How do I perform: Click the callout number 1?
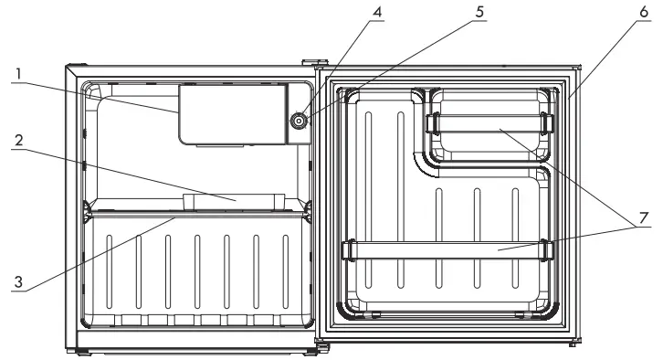(x=18, y=74)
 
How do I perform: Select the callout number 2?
(x=18, y=140)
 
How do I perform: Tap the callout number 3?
(x=18, y=281)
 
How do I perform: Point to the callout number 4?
(x=377, y=12)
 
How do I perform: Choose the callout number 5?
(x=479, y=12)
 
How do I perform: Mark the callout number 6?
(x=644, y=12)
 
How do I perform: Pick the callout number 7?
(x=644, y=217)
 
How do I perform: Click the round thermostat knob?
(x=299, y=121)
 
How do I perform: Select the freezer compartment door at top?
(x=232, y=114)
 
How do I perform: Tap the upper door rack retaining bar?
(x=490, y=123)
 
